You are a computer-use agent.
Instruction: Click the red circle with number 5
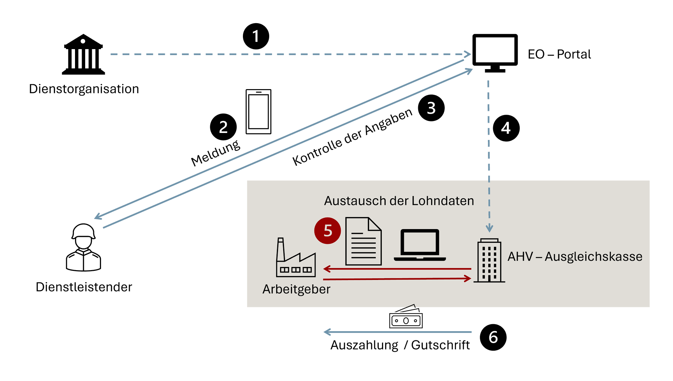point(327,231)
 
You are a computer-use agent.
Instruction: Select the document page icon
point(363,241)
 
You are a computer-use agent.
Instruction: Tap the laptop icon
point(420,245)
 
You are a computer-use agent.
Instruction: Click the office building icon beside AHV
point(489,260)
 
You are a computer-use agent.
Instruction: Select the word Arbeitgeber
point(296,289)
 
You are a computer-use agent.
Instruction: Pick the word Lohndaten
point(443,201)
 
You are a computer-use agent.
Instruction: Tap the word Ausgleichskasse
point(593,257)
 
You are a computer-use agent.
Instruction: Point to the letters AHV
point(520,257)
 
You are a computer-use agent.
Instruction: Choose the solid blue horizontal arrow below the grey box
point(397,332)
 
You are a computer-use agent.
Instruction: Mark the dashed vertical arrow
point(489,154)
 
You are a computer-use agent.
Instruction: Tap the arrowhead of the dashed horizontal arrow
point(468,54)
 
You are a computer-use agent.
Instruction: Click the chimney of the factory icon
point(280,249)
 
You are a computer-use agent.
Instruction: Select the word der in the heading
point(399,201)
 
